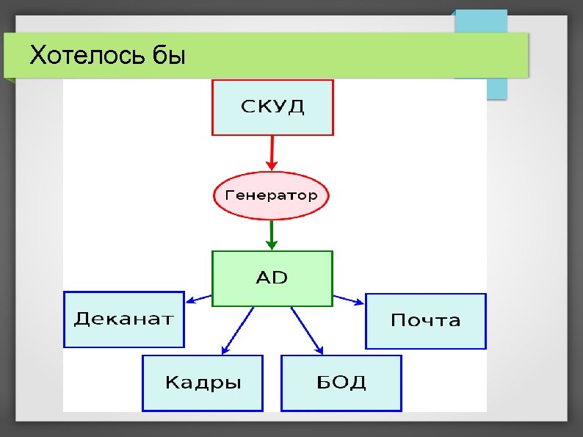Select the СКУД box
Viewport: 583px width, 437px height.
click(272, 107)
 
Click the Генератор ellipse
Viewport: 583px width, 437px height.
click(271, 195)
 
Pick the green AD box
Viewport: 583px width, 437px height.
click(272, 278)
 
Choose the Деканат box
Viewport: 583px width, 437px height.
click(123, 319)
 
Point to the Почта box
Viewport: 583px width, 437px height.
click(426, 321)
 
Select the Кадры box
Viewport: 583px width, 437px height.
click(202, 383)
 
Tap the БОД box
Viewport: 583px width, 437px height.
click(341, 383)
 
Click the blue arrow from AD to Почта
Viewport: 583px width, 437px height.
click(348, 299)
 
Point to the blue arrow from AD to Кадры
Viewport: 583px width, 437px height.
click(237, 331)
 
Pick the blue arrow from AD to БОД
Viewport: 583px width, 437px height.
click(306, 331)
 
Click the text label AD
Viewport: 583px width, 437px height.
click(272, 278)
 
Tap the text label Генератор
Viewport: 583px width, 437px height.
click(271, 195)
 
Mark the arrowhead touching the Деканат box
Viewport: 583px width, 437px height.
click(189, 300)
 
